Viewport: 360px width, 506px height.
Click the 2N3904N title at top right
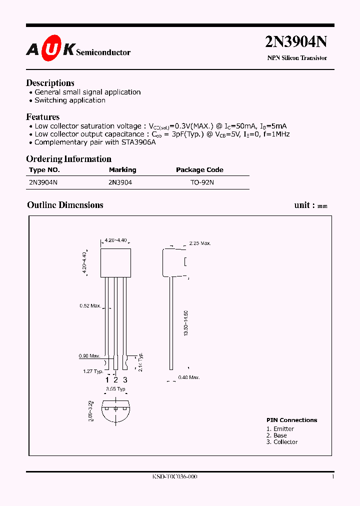point(296,42)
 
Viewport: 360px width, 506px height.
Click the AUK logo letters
point(50,48)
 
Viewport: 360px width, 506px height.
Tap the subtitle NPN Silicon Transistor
point(297,58)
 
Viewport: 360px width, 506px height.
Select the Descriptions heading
point(50,83)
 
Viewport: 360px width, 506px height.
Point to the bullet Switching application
point(70,100)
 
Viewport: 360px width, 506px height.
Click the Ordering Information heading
point(68,159)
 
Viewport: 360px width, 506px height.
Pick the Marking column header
point(122,170)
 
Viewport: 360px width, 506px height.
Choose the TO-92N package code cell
point(202,182)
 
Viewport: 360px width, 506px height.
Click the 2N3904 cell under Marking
point(120,182)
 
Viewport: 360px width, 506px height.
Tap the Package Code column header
point(199,170)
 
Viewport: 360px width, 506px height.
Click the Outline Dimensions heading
point(65,205)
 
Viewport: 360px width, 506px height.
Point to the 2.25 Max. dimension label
point(200,243)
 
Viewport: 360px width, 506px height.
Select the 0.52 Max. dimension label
point(90,305)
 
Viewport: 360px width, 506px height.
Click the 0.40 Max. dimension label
point(189,377)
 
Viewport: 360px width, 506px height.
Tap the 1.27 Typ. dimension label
point(93,371)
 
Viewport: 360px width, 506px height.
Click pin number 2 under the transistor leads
point(115,380)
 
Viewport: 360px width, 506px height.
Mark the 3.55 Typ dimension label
point(115,388)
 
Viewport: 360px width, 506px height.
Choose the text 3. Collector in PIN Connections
point(282,442)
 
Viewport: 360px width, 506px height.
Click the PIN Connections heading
point(291,420)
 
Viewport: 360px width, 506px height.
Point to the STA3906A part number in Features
point(137,142)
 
